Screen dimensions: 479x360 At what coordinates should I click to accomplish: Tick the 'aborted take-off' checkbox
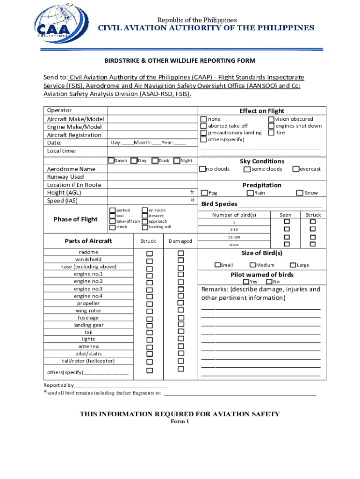point(203,126)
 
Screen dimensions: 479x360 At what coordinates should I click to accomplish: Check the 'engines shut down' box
point(271,126)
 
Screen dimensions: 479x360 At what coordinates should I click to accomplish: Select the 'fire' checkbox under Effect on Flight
point(271,133)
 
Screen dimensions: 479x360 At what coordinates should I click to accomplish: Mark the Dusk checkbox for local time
point(155,160)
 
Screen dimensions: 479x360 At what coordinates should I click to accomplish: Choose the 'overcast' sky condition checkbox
point(295,169)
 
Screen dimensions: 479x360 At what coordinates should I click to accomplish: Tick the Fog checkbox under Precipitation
point(204,193)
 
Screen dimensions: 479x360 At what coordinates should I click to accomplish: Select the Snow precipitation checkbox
point(300,193)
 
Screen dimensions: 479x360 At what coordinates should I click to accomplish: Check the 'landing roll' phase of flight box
point(145,227)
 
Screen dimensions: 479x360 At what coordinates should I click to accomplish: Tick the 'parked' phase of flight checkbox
point(112,210)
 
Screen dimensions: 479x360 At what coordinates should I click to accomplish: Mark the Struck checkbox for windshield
point(150,261)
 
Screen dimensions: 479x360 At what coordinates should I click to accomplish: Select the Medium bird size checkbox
point(252,265)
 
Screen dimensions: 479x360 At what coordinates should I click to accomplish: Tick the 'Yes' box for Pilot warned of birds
point(246,282)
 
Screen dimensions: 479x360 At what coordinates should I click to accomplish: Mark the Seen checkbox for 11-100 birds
point(287,237)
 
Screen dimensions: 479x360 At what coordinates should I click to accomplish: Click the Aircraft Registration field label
point(74,135)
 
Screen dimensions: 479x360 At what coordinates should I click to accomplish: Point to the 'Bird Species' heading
point(219,204)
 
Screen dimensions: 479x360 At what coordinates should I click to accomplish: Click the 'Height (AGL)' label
point(63,193)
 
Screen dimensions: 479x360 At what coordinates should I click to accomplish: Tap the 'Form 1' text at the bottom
point(180,421)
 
